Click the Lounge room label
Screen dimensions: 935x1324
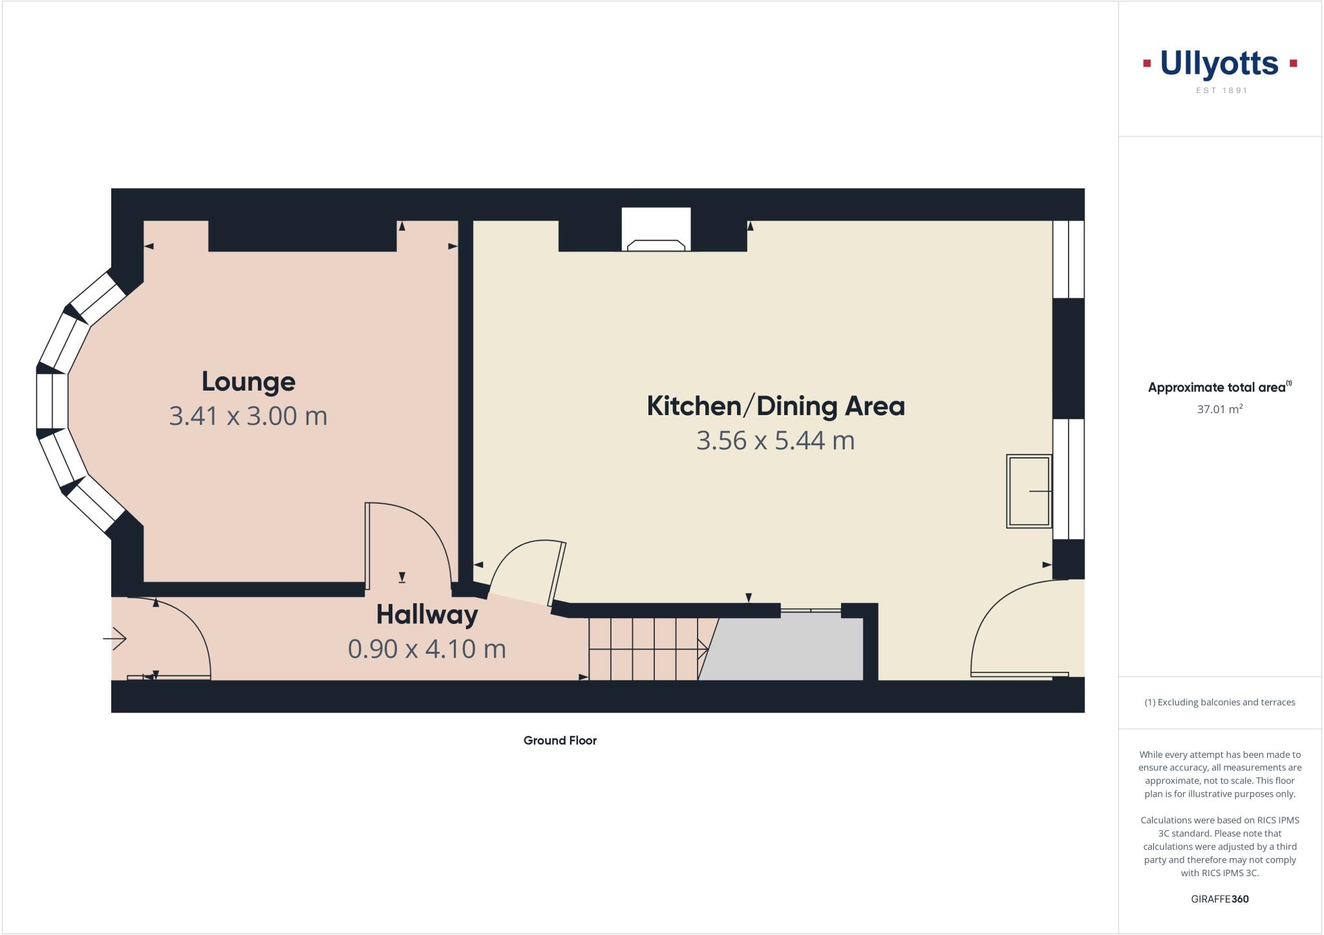coord(248,382)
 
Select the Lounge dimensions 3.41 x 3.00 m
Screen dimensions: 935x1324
coord(248,416)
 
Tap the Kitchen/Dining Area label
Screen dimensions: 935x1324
coord(776,406)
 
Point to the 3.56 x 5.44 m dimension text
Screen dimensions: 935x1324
coord(776,440)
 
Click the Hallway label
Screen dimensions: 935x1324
coord(427,614)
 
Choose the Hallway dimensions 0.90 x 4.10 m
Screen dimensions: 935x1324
coord(427,649)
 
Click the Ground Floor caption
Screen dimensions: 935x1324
coord(560,740)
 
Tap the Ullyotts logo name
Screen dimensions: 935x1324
coord(1219,64)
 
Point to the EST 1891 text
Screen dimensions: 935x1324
coord(1221,91)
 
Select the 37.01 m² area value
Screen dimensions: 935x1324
coord(1220,409)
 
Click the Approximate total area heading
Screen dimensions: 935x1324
coord(1217,387)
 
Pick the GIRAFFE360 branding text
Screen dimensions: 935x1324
coord(1220,899)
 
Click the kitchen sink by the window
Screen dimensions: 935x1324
coord(1029,491)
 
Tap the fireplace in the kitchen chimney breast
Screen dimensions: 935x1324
coord(656,244)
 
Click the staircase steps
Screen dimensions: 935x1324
coord(643,649)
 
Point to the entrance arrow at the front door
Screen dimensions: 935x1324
coord(115,639)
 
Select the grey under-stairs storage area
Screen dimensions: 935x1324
coord(785,649)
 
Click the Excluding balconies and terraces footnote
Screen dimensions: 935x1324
coord(1220,702)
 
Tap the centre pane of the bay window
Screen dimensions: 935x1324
coord(52,401)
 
